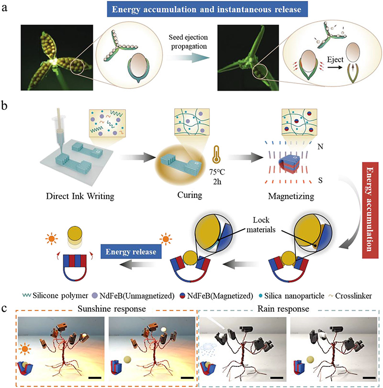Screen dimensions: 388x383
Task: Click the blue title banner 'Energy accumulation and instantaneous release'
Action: click(x=192, y=8)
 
